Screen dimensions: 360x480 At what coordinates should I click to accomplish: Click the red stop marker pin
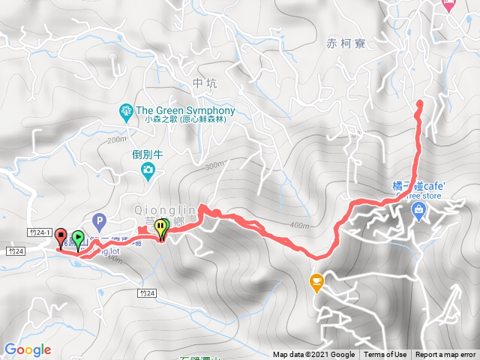[x=61, y=238]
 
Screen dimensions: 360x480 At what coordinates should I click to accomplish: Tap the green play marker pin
[x=78, y=239]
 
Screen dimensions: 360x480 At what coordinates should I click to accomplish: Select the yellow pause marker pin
[x=163, y=228]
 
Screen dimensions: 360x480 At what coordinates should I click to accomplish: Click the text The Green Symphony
[x=186, y=111]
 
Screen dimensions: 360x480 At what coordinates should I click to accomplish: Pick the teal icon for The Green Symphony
[x=126, y=112]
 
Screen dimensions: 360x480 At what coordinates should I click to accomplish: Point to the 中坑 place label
[x=204, y=83]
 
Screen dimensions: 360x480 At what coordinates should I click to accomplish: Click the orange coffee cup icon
[x=316, y=281]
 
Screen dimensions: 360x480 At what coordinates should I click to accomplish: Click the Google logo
[x=28, y=349]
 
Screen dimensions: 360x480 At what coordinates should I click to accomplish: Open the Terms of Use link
[x=385, y=355]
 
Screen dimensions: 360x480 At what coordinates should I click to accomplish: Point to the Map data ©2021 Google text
[x=313, y=355]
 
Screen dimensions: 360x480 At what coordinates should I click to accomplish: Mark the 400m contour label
[x=298, y=226]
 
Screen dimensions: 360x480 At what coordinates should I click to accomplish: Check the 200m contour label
[x=116, y=140]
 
